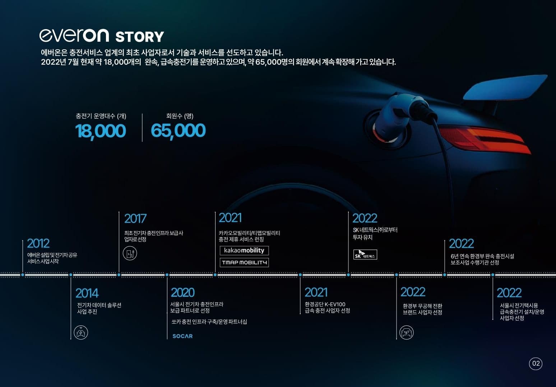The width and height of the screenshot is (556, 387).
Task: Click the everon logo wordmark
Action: (x=74, y=36)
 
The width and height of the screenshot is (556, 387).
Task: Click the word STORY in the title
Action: (x=140, y=37)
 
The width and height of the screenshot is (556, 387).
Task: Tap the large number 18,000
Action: (x=101, y=131)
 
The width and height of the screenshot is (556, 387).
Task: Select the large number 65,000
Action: (x=178, y=131)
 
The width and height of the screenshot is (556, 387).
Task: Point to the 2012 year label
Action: (x=38, y=243)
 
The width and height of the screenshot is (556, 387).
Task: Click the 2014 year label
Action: (x=87, y=293)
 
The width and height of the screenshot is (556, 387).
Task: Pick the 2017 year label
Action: (x=135, y=218)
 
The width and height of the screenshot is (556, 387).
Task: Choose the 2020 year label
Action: (x=183, y=292)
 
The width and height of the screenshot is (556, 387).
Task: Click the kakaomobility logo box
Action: (x=244, y=250)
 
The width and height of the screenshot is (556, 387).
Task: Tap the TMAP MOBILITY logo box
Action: (x=244, y=263)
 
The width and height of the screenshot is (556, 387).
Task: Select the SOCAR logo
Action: (x=183, y=336)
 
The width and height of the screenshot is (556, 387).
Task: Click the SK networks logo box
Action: (x=365, y=255)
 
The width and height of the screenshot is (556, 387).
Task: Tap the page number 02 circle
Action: (x=536, y=363)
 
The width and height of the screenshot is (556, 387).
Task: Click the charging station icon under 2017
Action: (x=130, y=253)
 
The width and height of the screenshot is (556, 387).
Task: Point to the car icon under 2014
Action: (x=81, y=332)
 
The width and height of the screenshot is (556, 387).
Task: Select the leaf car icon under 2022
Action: (x=407, y=332)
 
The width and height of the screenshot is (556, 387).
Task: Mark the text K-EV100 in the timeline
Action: (x=335, y=304)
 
